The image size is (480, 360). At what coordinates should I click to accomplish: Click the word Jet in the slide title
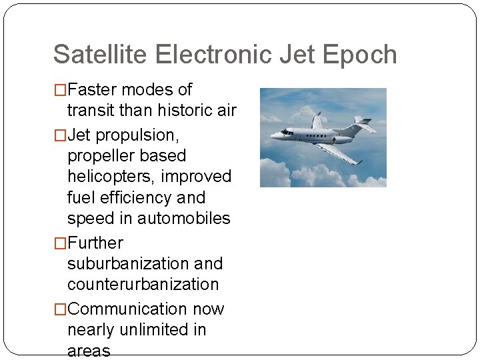click(x=299, y=55)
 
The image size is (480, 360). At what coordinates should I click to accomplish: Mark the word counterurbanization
click(x=143, y=285)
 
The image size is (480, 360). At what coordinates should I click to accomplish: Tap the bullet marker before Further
click(x=60, y=243)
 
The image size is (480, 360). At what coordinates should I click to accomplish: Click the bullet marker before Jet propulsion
click(x=60, y=135)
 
